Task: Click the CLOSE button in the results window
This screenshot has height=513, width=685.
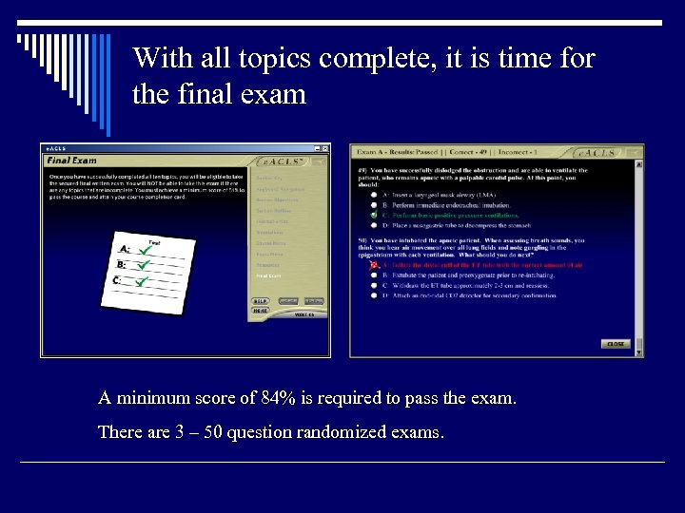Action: click(x=616, y=344)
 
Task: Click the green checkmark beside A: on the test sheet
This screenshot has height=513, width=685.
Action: click(x=144, y=248)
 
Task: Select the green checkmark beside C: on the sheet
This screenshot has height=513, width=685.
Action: click(x=141, y=280)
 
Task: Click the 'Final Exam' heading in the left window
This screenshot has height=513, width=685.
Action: click(x=72, y=161)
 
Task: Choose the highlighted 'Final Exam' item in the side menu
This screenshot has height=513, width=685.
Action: click(x=268, y=275)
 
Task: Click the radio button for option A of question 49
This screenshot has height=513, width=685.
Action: click(x=373, y=194)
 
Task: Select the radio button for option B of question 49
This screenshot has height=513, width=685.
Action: click(x=373, y=204)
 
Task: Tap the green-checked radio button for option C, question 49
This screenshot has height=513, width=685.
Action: click(x=373, y=215)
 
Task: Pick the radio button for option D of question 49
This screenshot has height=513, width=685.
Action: click(x=373, y=225)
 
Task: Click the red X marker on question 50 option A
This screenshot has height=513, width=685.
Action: click(x=373, y=265)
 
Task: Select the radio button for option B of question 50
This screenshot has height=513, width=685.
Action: click(x=373, y=275)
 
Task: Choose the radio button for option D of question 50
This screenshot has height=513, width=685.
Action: click(x=373, y=295)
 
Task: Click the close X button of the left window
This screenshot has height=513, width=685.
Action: click(x=324, y=149)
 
